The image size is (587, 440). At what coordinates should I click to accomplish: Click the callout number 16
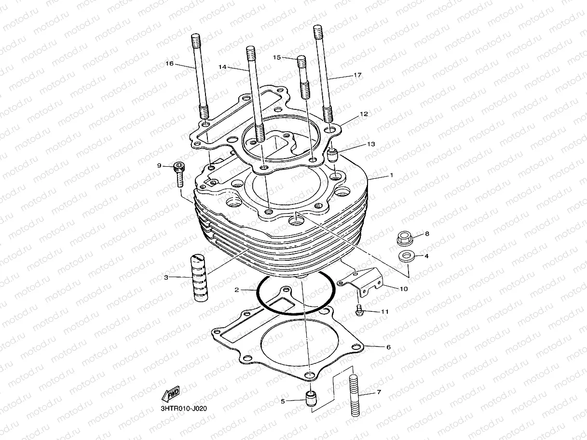pyautogui.click(x=169, y=64)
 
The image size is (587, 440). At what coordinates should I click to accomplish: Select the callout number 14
pyautogui.click(x=222, y=67)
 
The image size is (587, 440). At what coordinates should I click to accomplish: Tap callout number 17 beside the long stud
pyautogui.click(x=357, y=75)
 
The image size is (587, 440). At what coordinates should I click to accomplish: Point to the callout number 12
pyautogui.click(x=364, y=114)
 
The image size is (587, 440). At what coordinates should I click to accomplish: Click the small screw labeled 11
pyautogui.click(x=359, y=311)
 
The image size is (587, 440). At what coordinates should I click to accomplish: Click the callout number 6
pyautogui.click(x=388, y=347)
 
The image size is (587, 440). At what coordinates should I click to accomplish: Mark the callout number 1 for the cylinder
pyautogui.click(x=392, y=175)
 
